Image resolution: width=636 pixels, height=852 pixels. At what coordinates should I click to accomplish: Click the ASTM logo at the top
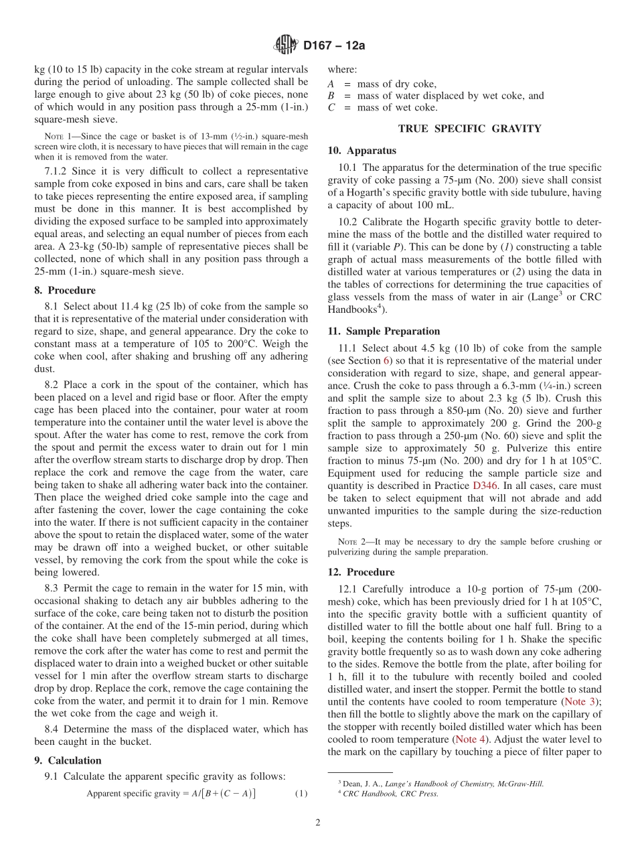point(286,46)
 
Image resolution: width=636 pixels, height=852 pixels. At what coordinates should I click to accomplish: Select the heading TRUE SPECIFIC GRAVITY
point(469,129)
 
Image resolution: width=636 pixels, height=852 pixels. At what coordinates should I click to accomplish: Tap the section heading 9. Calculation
point(68,760)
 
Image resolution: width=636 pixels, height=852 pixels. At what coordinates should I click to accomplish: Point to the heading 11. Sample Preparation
point(384,331)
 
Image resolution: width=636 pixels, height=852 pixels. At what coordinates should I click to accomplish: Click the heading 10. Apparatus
point(362,151)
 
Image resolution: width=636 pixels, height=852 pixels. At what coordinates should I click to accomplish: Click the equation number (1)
point(301,794)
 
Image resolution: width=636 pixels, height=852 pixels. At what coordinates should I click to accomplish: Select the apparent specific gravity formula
point(171,794)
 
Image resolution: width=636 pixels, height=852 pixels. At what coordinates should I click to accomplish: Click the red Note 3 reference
point(580,701)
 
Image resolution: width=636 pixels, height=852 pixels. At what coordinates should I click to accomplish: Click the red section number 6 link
point(386,361)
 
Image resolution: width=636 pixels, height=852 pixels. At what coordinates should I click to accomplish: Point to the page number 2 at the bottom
point(318,823)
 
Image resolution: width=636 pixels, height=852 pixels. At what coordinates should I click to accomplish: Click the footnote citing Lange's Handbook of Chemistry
point(442,784)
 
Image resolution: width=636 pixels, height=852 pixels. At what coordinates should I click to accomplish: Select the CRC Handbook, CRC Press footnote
point(390,794)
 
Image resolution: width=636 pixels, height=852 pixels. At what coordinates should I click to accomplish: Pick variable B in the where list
point(331,96)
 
